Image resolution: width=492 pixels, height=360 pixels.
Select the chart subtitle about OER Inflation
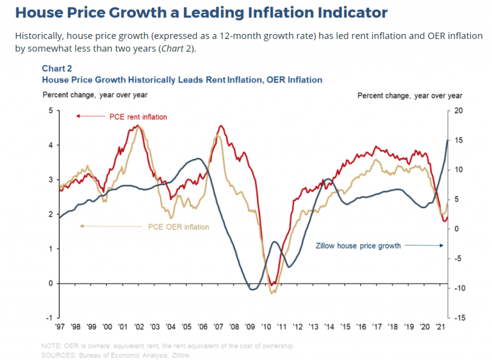pos(182,79)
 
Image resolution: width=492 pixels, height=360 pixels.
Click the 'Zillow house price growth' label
pos(359,245)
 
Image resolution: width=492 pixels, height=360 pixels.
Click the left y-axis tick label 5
pos(50,111)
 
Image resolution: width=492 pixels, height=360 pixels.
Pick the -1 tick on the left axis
pos(49,318)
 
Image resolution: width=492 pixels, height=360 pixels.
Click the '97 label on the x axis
pos(61,327)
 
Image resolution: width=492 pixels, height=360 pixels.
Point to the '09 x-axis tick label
pos(249,327)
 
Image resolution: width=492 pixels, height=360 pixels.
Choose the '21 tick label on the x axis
pos(439,327)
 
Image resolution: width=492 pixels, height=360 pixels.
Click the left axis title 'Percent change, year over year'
pos(95,95)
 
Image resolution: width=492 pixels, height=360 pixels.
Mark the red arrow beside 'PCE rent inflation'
pos(89,116)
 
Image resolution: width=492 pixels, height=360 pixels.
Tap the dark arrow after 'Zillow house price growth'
pos(424,245)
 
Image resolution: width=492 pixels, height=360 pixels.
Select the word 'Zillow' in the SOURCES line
pos(180,355)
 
